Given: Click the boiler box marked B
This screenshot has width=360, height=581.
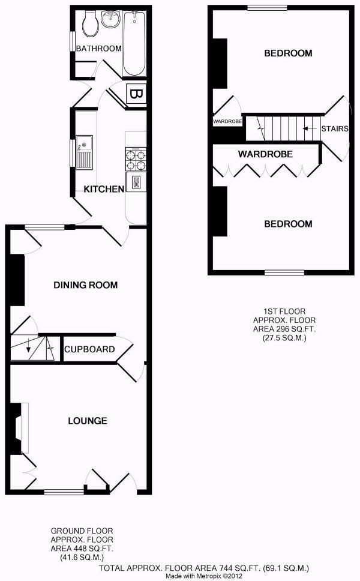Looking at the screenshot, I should coord(136,95).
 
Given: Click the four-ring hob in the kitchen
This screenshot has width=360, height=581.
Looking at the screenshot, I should coord(135,159).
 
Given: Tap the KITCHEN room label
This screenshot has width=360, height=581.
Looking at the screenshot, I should coord(103,189).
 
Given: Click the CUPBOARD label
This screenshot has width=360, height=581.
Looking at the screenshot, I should coord(89,349).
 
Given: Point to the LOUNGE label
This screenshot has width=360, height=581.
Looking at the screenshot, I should coord(87,421).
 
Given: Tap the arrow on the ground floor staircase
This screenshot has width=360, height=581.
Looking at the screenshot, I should coord(29,349).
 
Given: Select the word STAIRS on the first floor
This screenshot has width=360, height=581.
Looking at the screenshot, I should coord(334,128).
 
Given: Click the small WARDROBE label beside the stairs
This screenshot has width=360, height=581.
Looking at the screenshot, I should coord(227,121).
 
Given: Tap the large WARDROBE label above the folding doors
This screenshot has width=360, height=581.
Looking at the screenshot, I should coord(265,154).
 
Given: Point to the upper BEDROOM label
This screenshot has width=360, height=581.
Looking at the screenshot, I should coord(288,53).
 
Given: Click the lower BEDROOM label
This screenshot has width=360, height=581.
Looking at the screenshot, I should coord(288,224).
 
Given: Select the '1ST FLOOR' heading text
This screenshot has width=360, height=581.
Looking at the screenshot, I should coord(285,311).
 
